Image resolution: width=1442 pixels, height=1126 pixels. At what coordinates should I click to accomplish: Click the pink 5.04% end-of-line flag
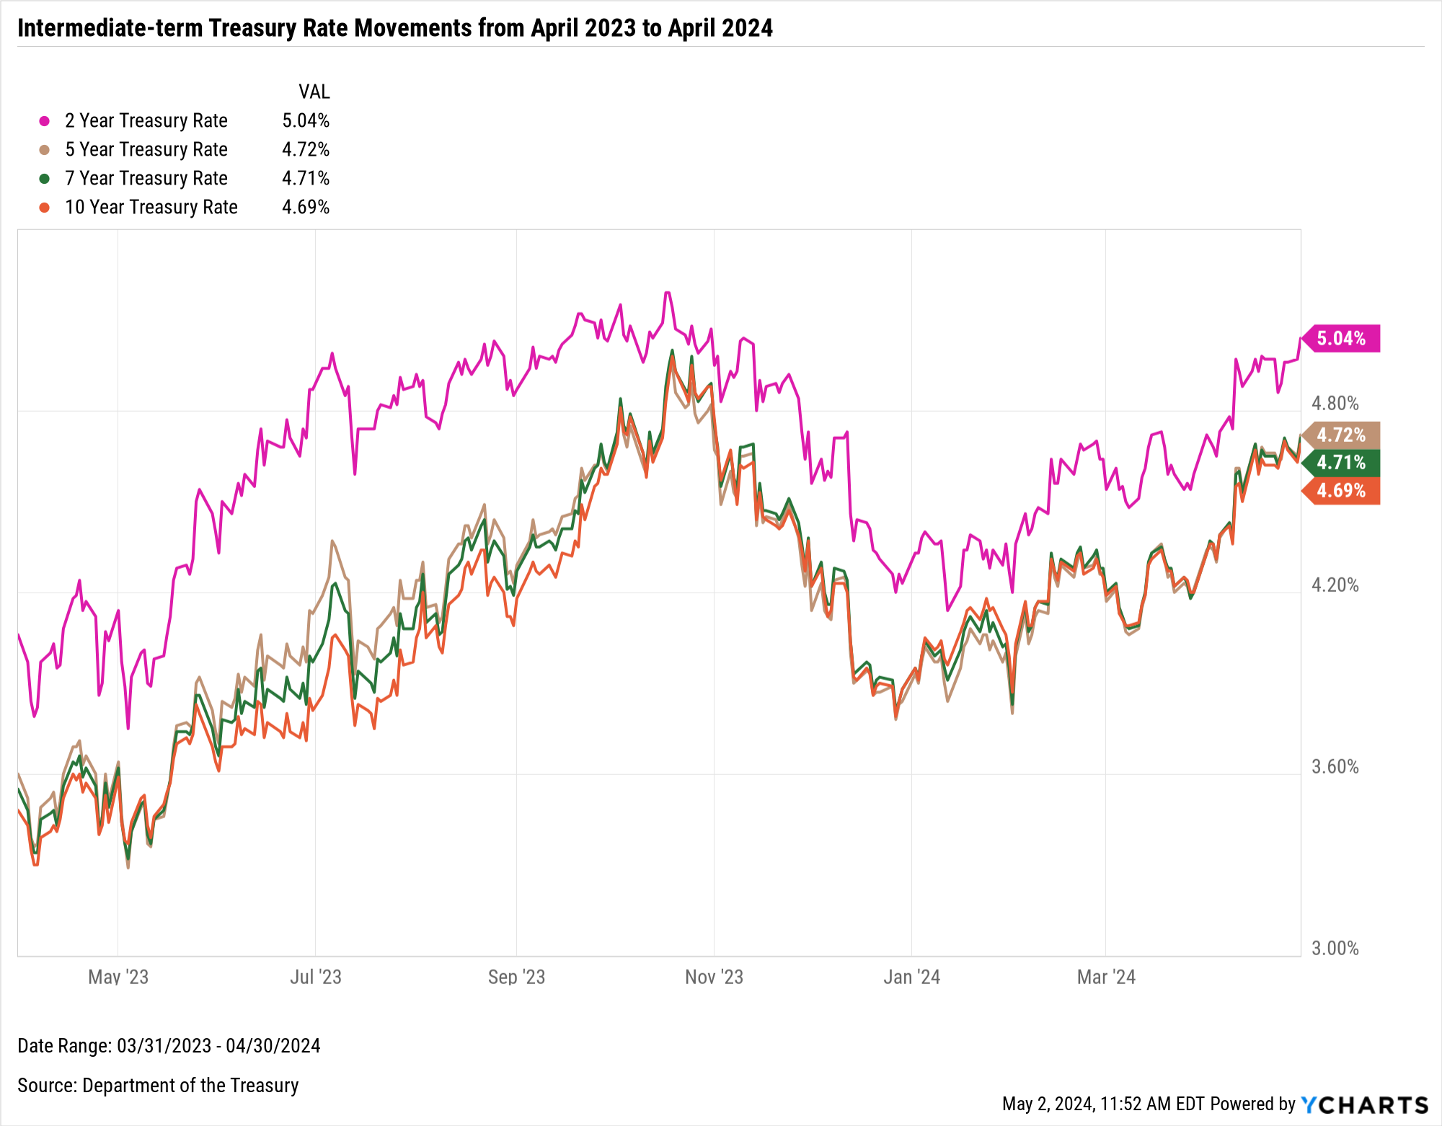tap(1341, 338)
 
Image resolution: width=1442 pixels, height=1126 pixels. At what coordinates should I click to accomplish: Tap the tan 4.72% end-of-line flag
tap(1341, 435)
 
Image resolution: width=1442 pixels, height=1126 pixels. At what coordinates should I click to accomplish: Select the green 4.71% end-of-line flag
tap(1341, 462)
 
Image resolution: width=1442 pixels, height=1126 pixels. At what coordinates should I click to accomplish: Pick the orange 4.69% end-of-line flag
tap(1341, 490)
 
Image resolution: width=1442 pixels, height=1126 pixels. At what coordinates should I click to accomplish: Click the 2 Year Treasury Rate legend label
tap(146, 120)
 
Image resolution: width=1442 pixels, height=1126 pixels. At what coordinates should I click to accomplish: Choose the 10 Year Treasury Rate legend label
tap(151, 207)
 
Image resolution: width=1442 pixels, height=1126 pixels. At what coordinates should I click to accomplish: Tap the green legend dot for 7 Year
tap(45, 179)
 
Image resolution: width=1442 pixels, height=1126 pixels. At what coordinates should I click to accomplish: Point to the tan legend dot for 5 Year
tap(45, 150)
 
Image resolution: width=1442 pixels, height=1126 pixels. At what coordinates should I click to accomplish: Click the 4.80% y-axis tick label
tap(1335, 403)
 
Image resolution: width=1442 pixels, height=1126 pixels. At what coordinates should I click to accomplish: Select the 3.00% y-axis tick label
tap(1335, 948)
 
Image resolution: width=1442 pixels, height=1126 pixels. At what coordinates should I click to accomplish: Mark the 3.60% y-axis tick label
tap(1335, 766)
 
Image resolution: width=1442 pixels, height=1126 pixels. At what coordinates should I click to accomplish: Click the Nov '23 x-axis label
tap(714, 977)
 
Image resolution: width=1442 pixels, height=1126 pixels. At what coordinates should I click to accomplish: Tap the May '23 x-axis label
tap(118, 977)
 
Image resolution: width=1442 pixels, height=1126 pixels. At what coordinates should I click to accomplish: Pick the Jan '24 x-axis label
tap(911, 977)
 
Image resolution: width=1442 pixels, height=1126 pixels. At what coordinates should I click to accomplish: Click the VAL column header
tap(314, 92)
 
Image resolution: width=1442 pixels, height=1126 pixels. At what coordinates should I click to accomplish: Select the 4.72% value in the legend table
tap(306, 149)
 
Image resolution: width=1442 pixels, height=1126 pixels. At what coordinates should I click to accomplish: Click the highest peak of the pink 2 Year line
tap(668, 293)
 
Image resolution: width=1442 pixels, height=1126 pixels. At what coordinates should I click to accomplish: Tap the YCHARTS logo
tap(1364, 1104)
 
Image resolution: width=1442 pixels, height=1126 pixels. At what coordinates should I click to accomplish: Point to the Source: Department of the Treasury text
tap(158, 1085)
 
